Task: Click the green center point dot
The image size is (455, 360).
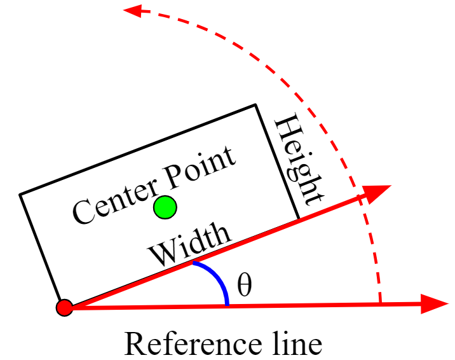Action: tap(165, 207)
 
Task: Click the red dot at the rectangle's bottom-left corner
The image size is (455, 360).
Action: tap(64, 308)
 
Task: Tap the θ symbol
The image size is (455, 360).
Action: tap(244, 286)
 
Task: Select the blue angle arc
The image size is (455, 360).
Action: tap(217, 278)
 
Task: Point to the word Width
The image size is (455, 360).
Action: tap(189, 245)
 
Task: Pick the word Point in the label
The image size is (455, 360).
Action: tap(200, 168)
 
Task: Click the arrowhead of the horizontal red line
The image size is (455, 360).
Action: tap(435, 304)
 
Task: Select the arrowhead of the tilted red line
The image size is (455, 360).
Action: tap(379, 193)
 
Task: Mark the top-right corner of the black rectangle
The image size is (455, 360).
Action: tap(255, 104)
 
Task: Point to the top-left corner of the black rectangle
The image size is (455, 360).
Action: tap(20, 194)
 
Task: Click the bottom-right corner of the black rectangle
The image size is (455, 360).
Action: tap(299, 219)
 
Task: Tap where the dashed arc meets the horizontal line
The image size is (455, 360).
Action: tap(379, 305)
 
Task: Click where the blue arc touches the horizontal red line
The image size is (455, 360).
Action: tap(227, 305)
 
